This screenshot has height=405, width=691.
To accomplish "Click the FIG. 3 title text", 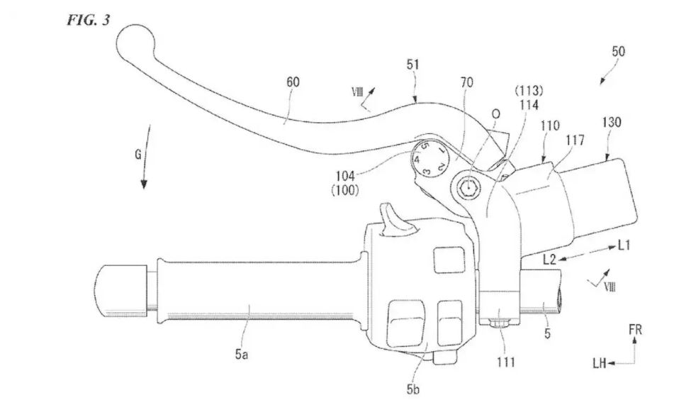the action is [88, 21].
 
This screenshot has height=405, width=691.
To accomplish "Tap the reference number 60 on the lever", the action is [293, 82].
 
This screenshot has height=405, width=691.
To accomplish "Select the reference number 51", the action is [413, 65].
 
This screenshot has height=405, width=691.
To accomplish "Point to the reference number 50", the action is [618, 52].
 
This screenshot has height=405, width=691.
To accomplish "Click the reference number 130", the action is [611, 122].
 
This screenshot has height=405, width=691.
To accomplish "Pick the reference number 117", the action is [575, 140].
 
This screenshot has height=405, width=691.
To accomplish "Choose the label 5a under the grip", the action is [241, 354].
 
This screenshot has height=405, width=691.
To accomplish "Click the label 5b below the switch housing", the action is [413, 389].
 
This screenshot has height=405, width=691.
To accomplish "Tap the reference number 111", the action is [506, 362].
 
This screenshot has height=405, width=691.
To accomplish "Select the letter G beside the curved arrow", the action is [138, 155].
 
